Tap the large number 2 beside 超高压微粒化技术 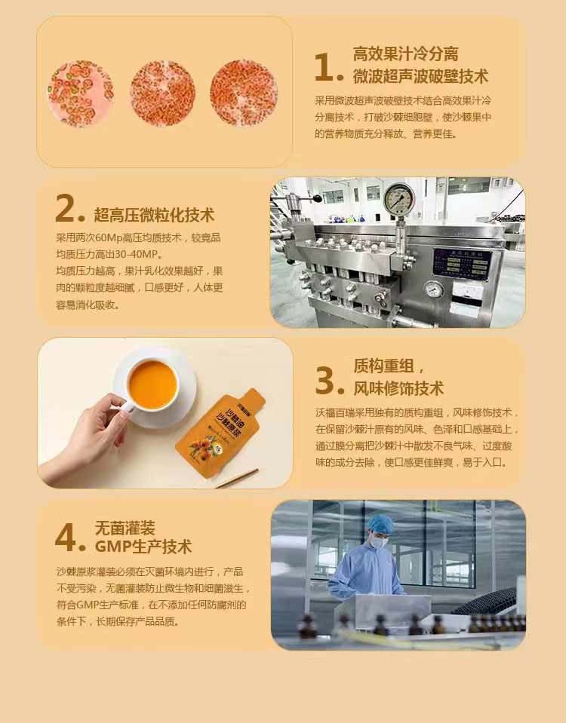coord(65,207)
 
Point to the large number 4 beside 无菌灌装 coord(65,538)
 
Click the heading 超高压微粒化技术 coord(154,215)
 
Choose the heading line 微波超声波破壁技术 coord(420,76)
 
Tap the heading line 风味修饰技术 coord(398,388)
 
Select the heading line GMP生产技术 coord(143,547)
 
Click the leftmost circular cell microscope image coord(80,93)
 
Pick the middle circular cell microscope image coord(162,93)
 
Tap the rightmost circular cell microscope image coord(244,93)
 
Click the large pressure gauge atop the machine coord(399,199)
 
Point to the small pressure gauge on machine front coord(433,290)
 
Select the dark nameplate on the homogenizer coord(462,264)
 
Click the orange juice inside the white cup coord(152,385)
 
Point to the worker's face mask coord(379,542)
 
